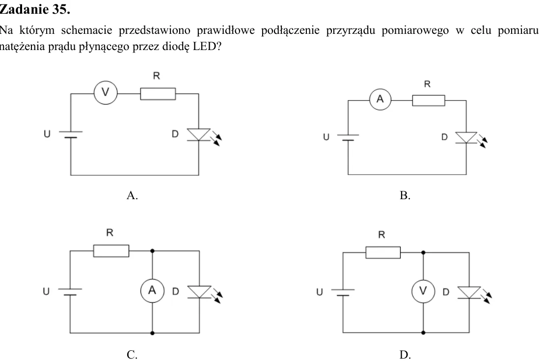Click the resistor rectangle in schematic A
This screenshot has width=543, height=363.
(x=158, y=94)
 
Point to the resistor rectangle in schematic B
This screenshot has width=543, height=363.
(x=429, y=101)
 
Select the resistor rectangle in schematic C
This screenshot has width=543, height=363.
(x=111, y=251)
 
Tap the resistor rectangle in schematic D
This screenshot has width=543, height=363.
(x=383, y=253)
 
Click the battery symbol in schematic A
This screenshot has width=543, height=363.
(x=71, y=134)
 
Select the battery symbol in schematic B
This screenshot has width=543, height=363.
(x=348, y=137)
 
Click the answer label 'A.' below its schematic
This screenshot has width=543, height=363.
(x=132, y=196)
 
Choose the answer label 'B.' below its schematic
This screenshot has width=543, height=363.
(x=405, y=196)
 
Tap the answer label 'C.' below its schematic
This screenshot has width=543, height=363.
(x=132, y=355)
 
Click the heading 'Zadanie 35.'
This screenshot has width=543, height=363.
(x=35, y=9)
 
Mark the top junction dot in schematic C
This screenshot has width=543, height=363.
(x=152, y=251)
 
